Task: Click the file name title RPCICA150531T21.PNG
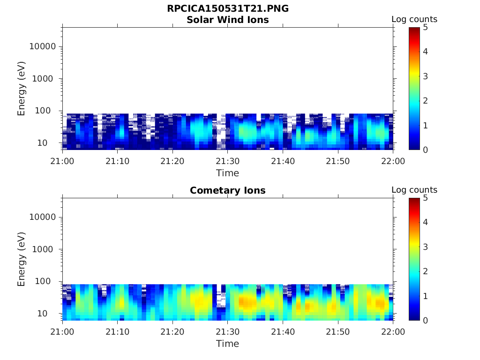pyautogui.click(x=228, y=9)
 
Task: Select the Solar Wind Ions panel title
pyautogui.click(x=228, y=20)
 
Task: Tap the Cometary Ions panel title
pyautogui.click(x=228, y=191)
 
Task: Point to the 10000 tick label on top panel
pyautogui.click(x=42, y=47)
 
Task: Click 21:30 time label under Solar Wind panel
pyautogui.click(x=228, y=161)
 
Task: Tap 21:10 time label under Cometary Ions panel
pyautogui.click(x=117, y=332)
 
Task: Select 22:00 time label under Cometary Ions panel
pyautogui.click(x=393, y=332)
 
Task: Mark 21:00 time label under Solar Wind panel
pyautogui.click(x=62, y=161)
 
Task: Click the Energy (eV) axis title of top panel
pyautogui.click(x=22, y=89)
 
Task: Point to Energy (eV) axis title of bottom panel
pyautogui.click(x=22, y=259)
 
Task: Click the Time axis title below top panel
pyautogui.click(x=228, y=173)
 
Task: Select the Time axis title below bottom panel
pyautogui.click(x=228, y=344)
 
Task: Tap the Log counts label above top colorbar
pyautogui.click(x=414, y=20)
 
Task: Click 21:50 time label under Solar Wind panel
pyautogui.click(x=338, y=161)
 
